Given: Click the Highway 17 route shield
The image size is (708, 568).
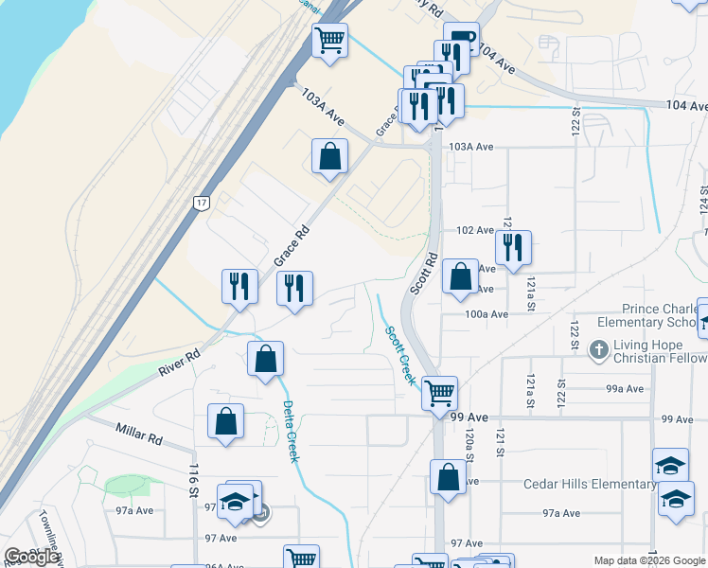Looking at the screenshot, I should [x=200, y=203].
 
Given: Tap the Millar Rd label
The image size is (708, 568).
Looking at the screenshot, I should [x=140, y=435].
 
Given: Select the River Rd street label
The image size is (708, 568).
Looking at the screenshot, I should [x=179, y=359].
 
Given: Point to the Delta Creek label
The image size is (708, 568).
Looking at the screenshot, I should [x=292, y=432].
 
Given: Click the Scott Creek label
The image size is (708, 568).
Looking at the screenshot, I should [x=399, y=355].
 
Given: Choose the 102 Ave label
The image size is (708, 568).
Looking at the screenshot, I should [x=474, y=230].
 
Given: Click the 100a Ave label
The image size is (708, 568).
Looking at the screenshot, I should [x=487, y=313].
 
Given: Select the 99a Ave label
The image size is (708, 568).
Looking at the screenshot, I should [x=625, y=388].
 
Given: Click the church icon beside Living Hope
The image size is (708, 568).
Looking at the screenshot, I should [x=598, y=350].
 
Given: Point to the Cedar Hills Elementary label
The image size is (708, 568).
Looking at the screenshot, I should [x=589, y=485].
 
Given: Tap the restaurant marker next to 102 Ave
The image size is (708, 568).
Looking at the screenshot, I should [x=513, y=248].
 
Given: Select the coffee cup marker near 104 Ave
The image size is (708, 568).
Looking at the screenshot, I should [x=461, y=40].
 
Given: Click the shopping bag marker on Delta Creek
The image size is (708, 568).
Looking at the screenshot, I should [x=266, y=360].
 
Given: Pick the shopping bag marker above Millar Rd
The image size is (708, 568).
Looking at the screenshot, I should [x=226, y=422].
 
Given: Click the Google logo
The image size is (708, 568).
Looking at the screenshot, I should [x=31, y=557].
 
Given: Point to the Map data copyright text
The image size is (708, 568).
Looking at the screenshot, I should [x=649, y=560].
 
